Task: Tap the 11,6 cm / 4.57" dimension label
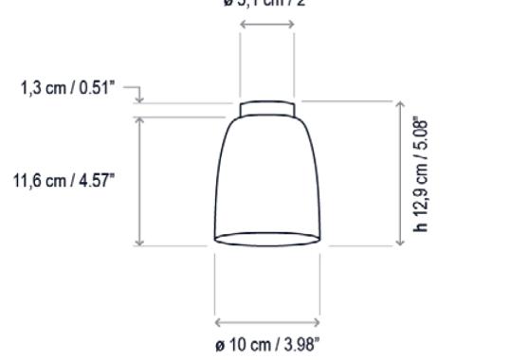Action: coord(62,181)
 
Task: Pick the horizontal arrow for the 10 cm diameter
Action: coord(266,323)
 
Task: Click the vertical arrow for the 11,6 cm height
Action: coord(140,181)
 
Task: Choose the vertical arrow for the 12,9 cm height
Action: coord(399,174)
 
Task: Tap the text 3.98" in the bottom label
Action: coord(290,342)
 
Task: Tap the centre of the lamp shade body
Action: coord(267,175)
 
